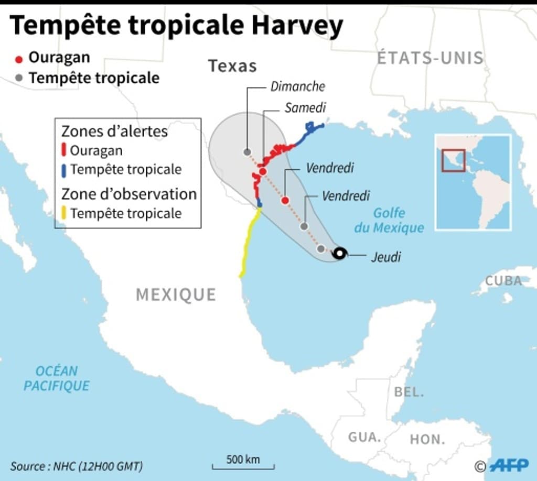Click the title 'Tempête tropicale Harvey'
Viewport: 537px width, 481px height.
176,26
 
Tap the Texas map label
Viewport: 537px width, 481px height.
232,66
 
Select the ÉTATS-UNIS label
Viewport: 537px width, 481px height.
430,58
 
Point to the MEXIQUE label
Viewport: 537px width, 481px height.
176,294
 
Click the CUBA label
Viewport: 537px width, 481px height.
503,281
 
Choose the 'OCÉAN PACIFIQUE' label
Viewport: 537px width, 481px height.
57,378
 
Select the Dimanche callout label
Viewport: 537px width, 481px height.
297,86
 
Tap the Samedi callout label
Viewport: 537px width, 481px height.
305,108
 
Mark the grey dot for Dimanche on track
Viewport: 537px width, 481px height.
247,152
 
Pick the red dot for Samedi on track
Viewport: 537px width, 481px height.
263,171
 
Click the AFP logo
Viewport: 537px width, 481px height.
509,465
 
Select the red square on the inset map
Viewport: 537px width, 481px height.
453,160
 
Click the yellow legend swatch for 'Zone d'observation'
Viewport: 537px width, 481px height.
63,213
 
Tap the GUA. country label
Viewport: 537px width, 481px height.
364,436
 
